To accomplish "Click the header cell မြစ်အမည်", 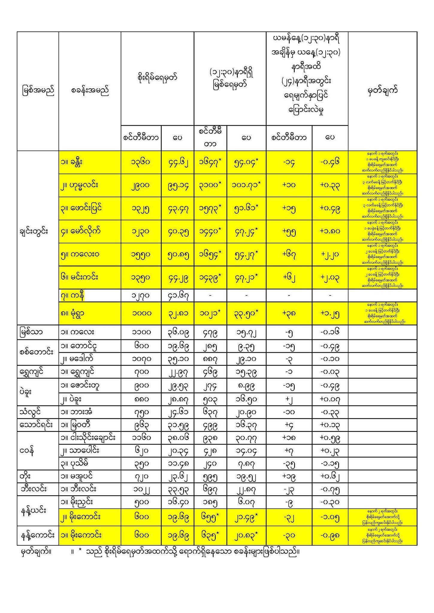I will [38, 91].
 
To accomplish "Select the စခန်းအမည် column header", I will [90, 91].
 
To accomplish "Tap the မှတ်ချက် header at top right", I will [382, 91].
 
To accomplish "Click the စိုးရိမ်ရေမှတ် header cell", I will [157, 78].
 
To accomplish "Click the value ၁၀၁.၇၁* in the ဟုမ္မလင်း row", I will [246, 185].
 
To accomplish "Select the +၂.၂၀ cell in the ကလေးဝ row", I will [330, 254].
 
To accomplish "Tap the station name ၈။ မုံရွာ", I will [72, 313].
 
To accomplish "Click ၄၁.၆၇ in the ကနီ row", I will [178, 296].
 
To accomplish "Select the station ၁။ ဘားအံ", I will [76, 412].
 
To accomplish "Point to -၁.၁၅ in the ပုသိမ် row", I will [330, 464].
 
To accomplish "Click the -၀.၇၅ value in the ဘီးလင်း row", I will [330, 489].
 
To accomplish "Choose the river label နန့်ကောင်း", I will [37, 535].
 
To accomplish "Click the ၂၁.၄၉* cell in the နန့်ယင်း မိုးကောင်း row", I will [246, 517].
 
